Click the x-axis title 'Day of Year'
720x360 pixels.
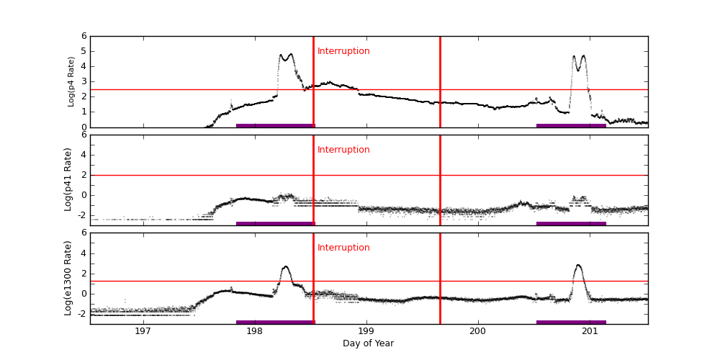tap(368, 343)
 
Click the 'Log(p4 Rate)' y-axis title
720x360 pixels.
tap(71, 81)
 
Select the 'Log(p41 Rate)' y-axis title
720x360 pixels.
tap(68, 179)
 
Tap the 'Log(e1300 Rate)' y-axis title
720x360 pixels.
tap(68, 278)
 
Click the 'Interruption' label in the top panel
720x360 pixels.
tap(343, 51)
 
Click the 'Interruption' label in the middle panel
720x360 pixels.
tap(343, 150)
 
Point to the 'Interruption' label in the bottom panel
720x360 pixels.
tap(343, 248)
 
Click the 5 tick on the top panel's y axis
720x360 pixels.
tap(84, 51)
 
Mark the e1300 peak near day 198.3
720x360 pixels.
tap(286, 267)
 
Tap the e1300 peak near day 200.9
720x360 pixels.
tap(578, 266)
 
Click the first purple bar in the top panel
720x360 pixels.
tap(275, 125)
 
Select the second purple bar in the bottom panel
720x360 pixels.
tap(571, 323)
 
